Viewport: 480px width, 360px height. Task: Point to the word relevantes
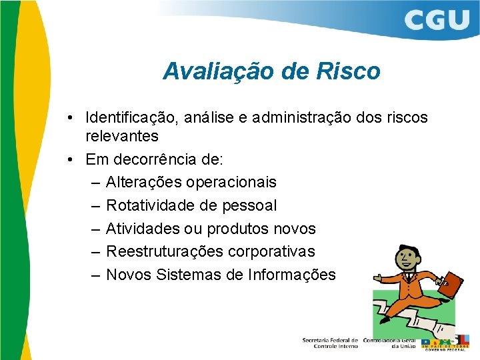pyautogui.click(x=122, y=137)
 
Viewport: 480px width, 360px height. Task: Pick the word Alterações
pyautogui.click(x=144, y=183)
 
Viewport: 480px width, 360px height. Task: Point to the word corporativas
pyautogui.click(x=271, y=251)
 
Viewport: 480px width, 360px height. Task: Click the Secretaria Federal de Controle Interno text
pyautogui.click(x=330, y=343)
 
